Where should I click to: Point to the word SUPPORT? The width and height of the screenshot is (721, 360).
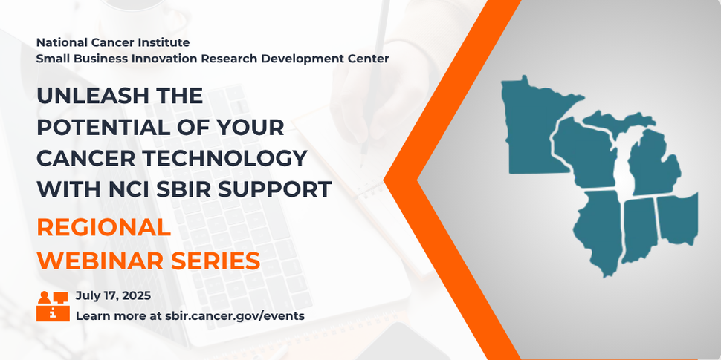click(x=274, y=189)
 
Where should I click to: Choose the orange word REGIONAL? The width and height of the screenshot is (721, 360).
click(x=104, y=228)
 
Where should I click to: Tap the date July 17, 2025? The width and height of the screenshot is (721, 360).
click(x=113, y=295)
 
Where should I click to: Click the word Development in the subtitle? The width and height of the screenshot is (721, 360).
click(x=299, y=58)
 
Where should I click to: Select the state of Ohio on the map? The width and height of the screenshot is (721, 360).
click(x=676, y=217)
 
